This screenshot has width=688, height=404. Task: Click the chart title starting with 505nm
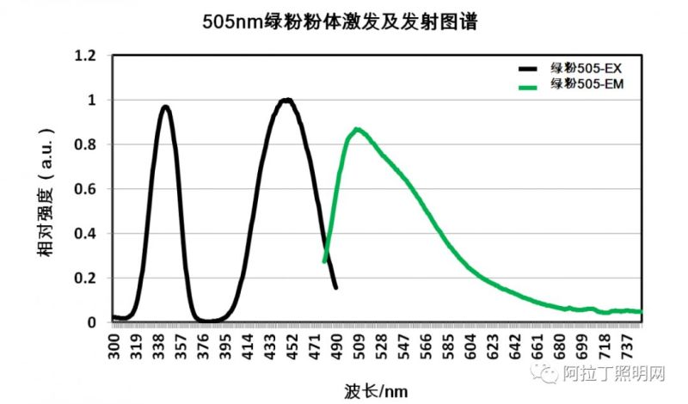click(344, 21)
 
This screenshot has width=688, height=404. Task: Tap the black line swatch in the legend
click(532, 68)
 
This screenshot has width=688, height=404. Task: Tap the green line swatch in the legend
click(532, 85)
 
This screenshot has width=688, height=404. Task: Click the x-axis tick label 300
click(114, 347)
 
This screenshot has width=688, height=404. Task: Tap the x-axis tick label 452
click(292, 347)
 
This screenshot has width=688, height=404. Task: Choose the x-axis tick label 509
click(359, 347)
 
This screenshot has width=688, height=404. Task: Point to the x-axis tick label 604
click(470, 347)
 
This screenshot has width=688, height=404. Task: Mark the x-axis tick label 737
click(627, 347)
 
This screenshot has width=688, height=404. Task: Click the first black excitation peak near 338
click(165, 107)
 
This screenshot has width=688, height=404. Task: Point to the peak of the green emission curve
click(356, 130)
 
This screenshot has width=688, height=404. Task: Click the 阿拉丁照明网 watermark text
click(613, 376)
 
